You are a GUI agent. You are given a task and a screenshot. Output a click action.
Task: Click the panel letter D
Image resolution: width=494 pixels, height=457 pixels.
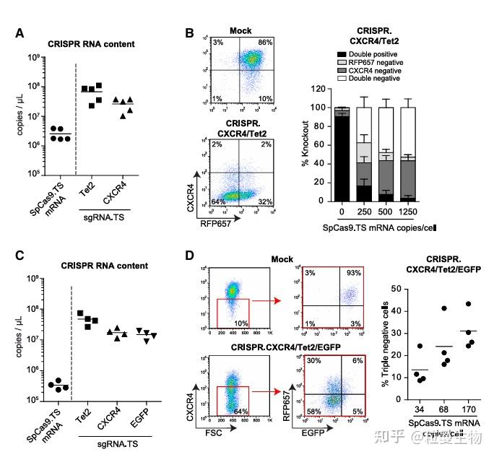point(190,256)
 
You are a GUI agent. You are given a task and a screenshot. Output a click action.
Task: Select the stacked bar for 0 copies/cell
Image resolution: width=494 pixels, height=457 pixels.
point(343,154)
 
